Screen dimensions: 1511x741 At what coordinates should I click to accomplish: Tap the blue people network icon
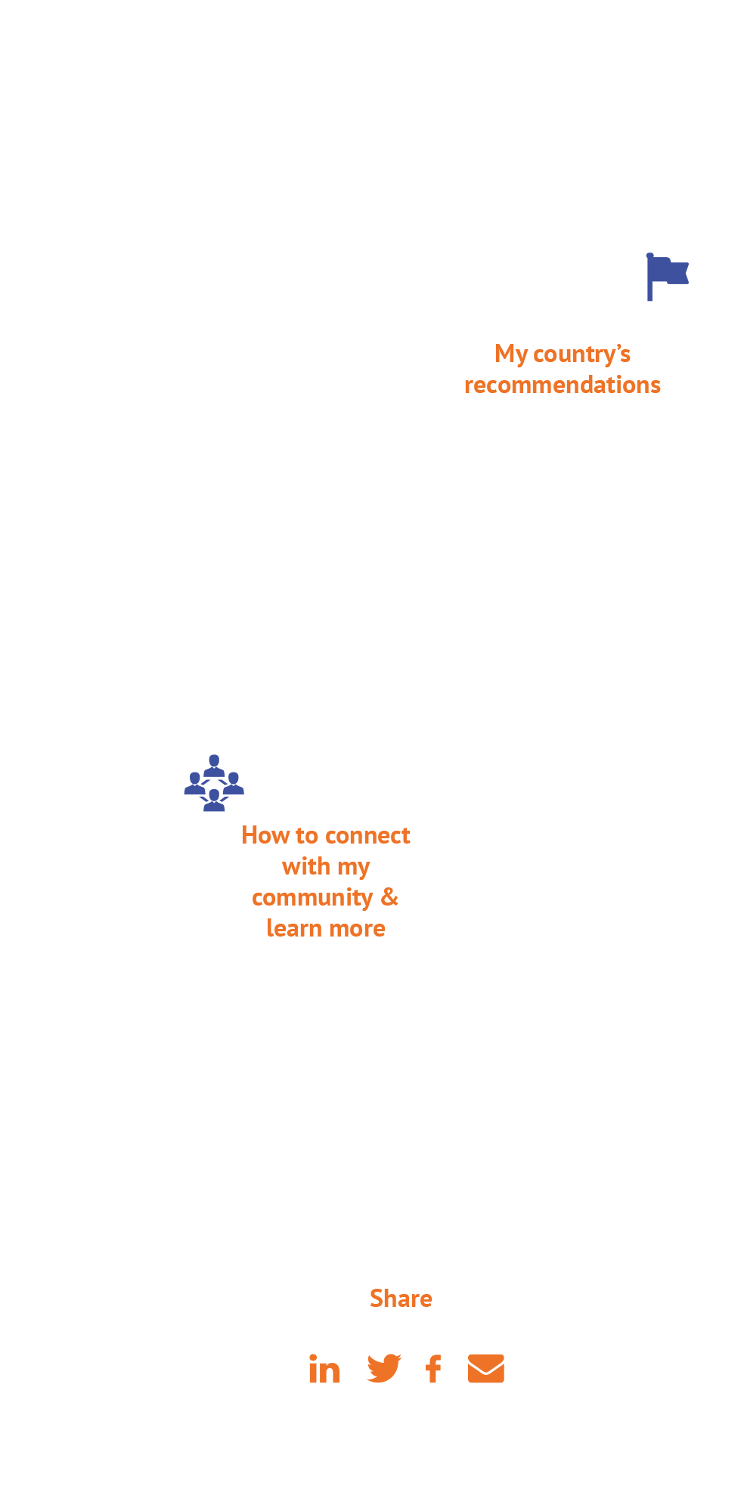tap(214, 783)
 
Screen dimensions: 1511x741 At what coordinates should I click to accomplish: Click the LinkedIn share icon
tap(324, 1370)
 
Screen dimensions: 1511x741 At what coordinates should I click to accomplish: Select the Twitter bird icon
tap(384, 1368)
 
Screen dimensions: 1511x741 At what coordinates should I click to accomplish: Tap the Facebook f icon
tap(433, 1369)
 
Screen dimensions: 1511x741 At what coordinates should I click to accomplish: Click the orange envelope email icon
tap(485, 1369)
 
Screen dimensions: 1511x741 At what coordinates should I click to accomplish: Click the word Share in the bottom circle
tap(401, 1299)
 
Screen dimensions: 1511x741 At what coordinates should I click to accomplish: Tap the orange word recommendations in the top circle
tap(562, 385)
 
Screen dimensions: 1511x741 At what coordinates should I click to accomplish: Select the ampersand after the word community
tap(389, 897)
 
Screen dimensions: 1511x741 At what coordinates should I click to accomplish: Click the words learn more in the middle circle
tap(325, 928)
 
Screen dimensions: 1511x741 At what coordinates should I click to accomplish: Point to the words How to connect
tap(325, 835)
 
